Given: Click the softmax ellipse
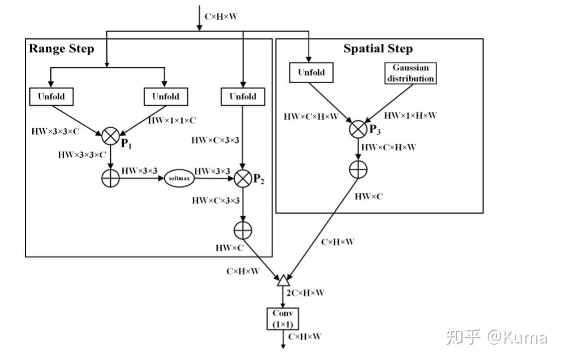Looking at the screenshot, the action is coord(179,178).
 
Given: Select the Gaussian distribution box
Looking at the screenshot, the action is coord(410,73).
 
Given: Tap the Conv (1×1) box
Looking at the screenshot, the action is coord(283,318).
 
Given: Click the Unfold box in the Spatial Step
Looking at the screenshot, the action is coord(311,72).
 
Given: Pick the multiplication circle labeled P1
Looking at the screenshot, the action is coord(110,136).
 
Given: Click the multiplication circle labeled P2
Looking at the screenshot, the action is coord(243,179).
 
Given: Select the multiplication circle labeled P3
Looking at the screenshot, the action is coord(358,129).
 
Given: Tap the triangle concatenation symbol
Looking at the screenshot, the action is coord(283,280).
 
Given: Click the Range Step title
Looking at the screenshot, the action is coord(61,49).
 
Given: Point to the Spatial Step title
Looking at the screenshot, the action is coord(378,49).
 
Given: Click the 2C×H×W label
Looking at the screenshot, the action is coord(305,293).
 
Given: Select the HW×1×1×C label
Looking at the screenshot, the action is coord(172,120).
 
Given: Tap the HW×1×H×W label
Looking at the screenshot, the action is coord(410,115).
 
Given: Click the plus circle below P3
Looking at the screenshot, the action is coord(358,170).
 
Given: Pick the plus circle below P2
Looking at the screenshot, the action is coord(243,231).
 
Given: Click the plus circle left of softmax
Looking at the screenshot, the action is coord(110,178).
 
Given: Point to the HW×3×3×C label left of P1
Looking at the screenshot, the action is coord(55,132).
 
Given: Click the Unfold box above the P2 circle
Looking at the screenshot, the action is coord(243,97).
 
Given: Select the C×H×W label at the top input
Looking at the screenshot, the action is coord(221,16).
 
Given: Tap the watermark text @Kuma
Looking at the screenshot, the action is coord(517,337).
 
